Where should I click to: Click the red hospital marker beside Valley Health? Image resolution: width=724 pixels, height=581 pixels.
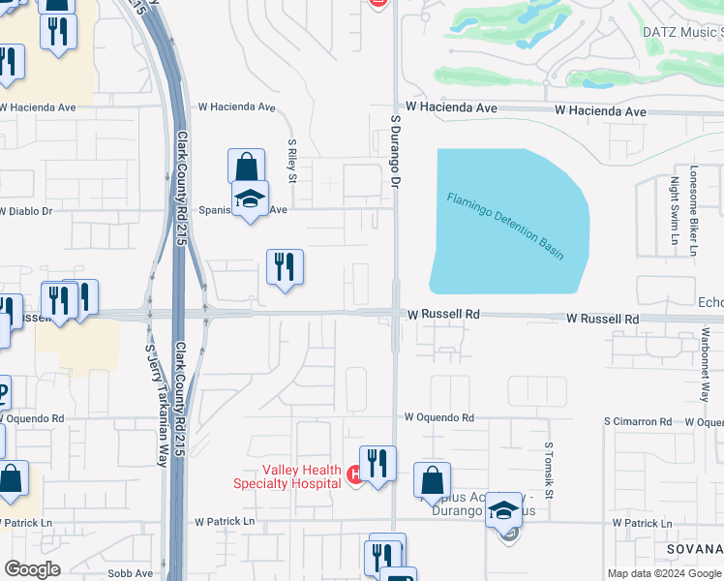tap(354, 475)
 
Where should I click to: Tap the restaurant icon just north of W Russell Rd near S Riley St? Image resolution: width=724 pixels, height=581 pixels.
tap(285, 267)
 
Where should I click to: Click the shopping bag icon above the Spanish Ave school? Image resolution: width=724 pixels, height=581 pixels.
tap(247, 166)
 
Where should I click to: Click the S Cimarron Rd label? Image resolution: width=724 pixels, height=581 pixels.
tap(637, 422)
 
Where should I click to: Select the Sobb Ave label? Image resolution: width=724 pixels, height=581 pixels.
tap(130, 573)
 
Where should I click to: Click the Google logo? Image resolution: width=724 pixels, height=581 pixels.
tap(32, 570)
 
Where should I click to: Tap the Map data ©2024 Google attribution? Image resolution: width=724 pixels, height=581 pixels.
tap(664, 573)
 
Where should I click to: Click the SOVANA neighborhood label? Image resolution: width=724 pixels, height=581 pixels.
tap(694, 549)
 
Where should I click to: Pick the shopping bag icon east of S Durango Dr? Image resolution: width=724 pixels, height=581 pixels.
tap(432, 480)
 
